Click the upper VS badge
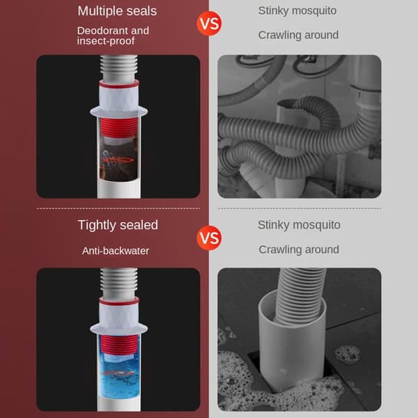coord(209,24)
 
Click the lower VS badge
coord(209,238)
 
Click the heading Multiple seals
coord(117,11)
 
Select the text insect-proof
coord(106,41)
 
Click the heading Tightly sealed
coord(118,225)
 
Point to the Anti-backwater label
coord(116,251)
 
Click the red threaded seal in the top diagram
coord(119,127)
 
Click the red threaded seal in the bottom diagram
coord(119,344)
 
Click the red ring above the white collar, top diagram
coord(119,84)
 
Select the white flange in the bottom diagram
coord(118,330)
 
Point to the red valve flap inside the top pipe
coord(118,160)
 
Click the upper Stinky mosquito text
coord(297,10)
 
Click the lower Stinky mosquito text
coord(299,225)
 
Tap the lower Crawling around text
coord(299,249)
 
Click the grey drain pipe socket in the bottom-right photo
coord(292,344)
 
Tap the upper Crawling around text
coord(298,35)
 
